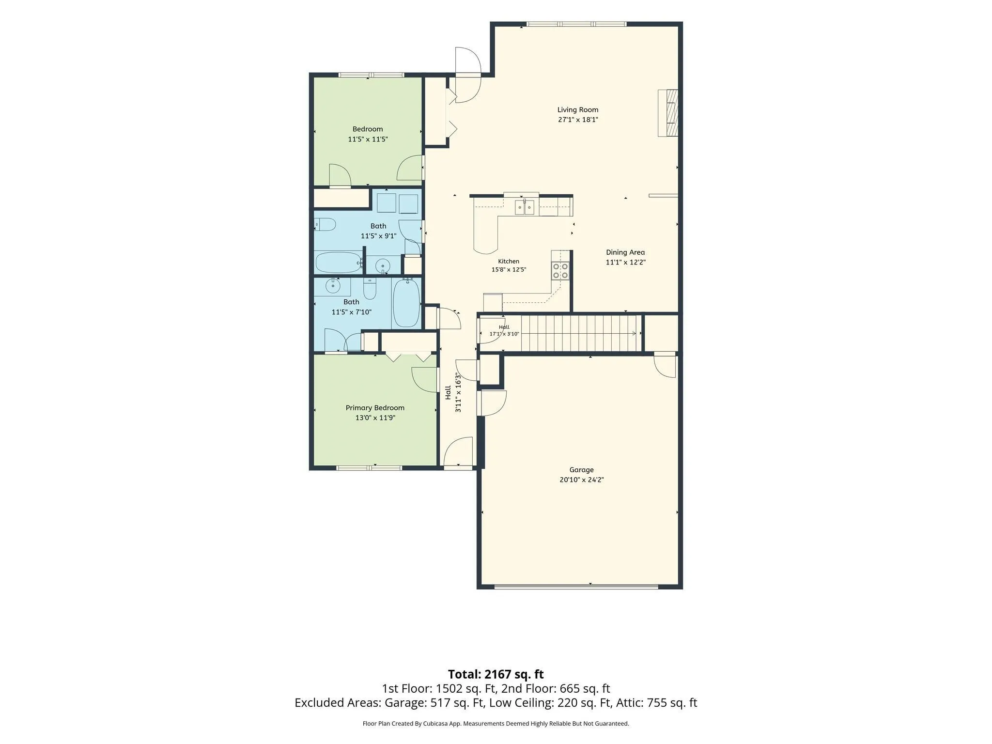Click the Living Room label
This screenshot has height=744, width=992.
577,110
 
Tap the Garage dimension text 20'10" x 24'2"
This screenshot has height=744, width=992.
581,480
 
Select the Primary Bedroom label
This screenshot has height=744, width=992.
375,408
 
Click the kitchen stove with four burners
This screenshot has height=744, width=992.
560,271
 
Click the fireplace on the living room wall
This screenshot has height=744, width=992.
667,113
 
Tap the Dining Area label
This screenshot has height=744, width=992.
625,252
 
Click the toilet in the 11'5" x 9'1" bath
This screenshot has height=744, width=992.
325,224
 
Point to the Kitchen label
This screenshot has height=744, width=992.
509,262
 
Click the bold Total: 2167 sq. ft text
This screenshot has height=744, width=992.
496,674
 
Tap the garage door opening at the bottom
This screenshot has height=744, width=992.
576,587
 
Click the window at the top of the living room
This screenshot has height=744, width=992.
576,24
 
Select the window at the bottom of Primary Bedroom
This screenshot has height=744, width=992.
369,468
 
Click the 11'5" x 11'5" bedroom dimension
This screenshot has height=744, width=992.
368,139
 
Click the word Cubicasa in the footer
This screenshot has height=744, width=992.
436,724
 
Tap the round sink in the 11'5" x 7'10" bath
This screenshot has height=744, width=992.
333,286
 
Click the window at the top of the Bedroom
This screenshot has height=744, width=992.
371,75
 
